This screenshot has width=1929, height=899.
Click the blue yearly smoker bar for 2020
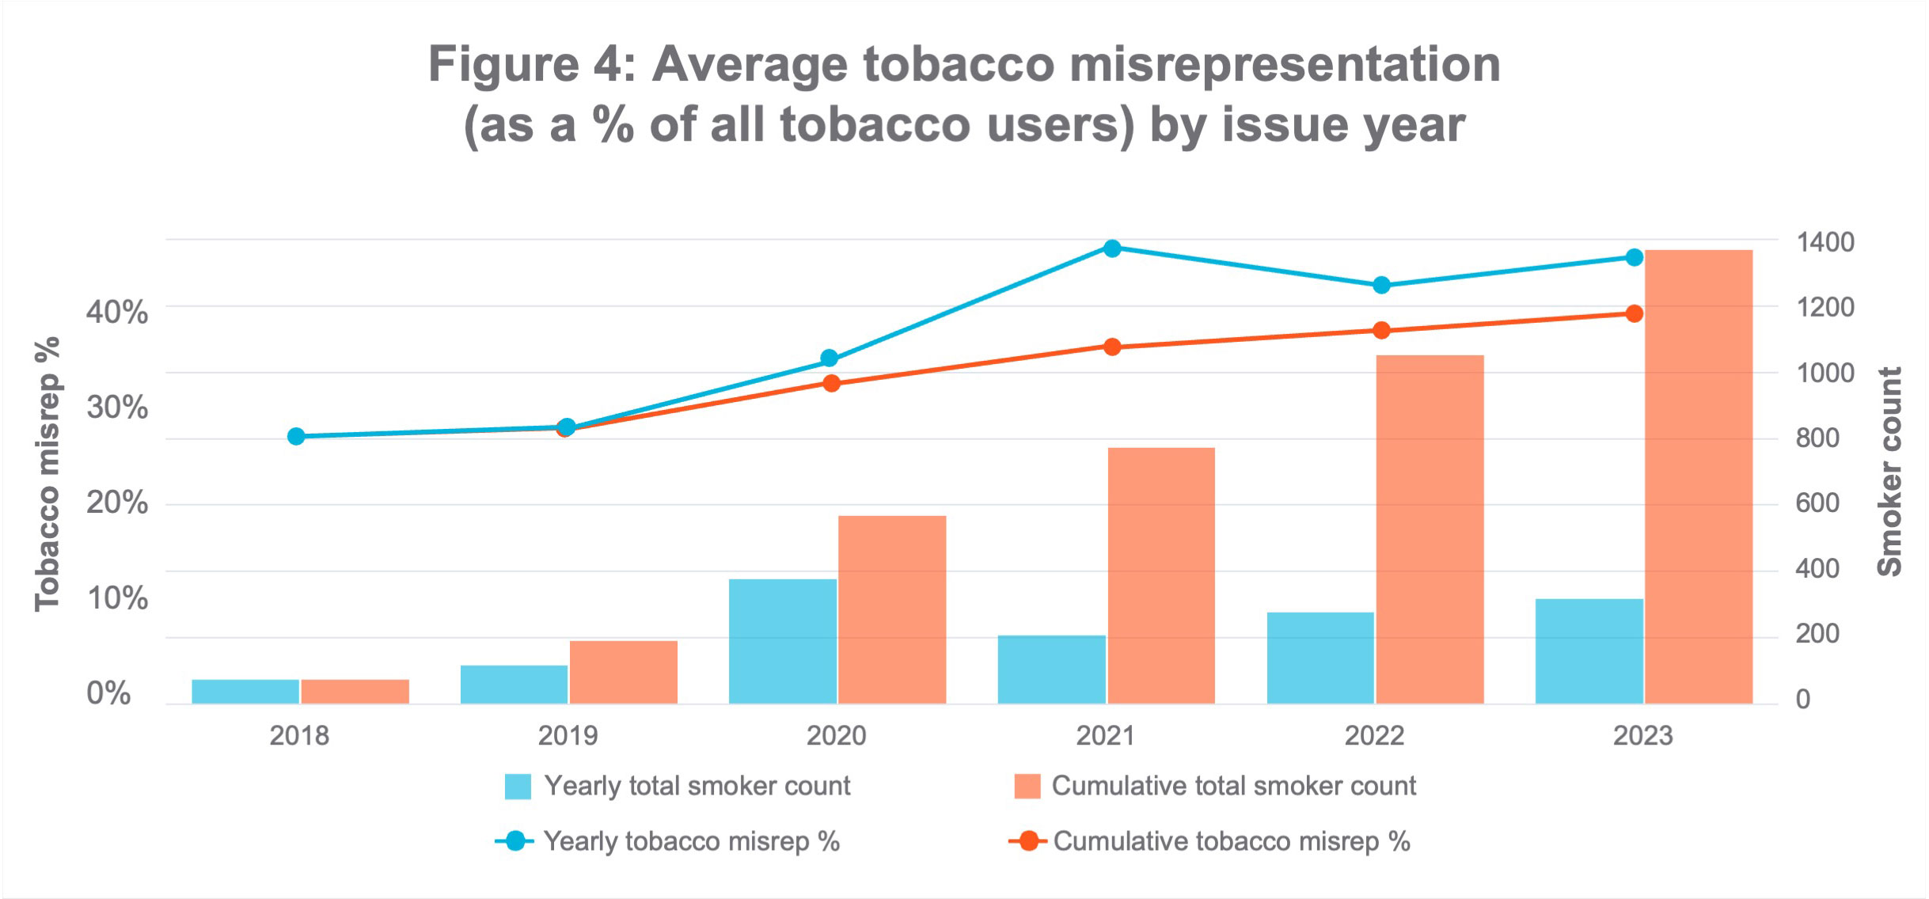(x=782, y=641)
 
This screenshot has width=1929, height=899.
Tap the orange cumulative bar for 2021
(x=1160, y=575)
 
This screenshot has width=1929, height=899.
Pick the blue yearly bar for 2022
(x=1320, y=658)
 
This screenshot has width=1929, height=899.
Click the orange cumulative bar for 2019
(x=623, y=672)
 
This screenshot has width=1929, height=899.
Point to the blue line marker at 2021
(x=1111, y=248)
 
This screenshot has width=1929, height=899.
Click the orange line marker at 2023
(x=1634, y=313)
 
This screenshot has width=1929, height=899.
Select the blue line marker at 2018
(x=296, y=436)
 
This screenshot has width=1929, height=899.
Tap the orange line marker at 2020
(x=831, y=384)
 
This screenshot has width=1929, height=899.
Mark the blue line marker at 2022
(x=1381, y=285)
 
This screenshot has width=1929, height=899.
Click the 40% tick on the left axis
(x=116, y=313)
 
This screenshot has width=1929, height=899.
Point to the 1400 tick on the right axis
(x=1825, y=241)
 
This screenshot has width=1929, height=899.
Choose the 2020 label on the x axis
(x=836, y=735)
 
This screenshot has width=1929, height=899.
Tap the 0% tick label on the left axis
(x=108, y=693)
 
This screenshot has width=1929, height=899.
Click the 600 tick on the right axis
(x=1817, y=503)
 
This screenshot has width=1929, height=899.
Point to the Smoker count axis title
(x=1890, y=472)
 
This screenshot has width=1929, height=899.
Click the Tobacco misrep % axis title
(x=47, y=473)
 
